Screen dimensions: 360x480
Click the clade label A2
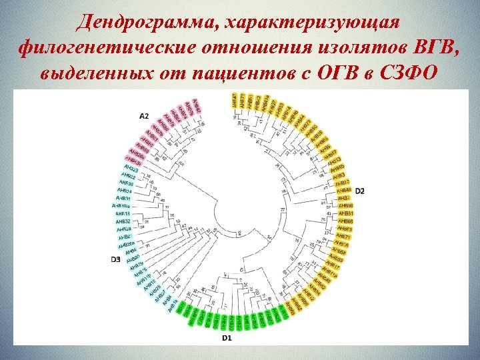(x=144, y=116)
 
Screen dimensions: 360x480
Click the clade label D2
(x=359, y=191)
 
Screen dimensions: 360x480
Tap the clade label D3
(x=115, y=259)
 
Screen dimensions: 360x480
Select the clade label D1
(x=227, y=338)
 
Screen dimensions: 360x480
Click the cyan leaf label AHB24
(x=125, y=191)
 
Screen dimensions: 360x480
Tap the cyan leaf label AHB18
(x=123, y=213)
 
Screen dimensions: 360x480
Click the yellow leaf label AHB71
(x=343, y=236)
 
